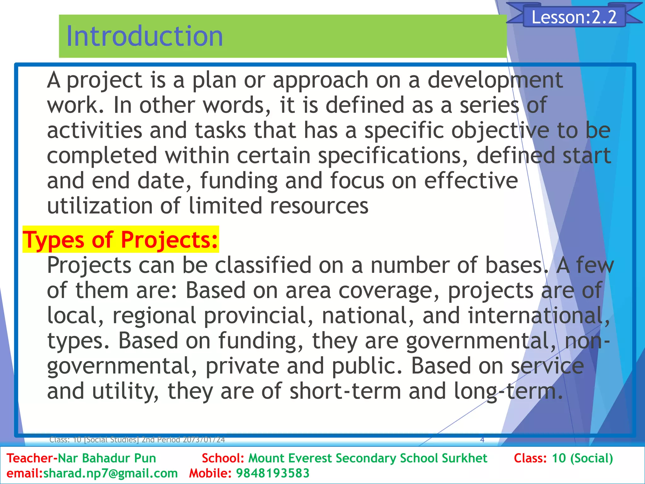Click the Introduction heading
click(145, 37)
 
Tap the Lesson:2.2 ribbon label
click(574, 17)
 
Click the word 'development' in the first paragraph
click(495, 80)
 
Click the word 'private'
click(243, 366)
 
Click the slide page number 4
click(482, 440)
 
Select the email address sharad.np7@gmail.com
click(110, 473)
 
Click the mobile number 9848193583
click(273, 473)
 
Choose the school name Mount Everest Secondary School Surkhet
click(368, 458)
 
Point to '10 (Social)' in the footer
click(582, 458)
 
